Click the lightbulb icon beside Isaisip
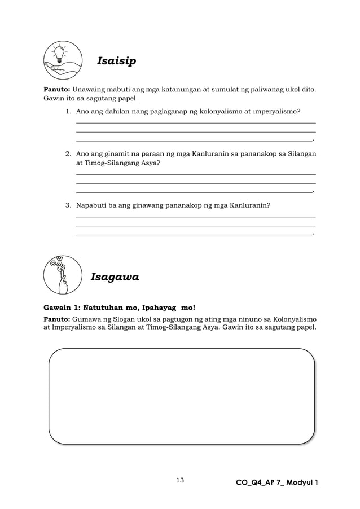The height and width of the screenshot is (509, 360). [62, 60]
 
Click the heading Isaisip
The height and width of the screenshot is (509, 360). [117, 60]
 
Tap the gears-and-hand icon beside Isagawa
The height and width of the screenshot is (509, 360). [62, 275]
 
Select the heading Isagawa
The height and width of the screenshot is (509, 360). [115, 277]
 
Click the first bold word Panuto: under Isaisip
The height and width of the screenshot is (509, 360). [57, 89]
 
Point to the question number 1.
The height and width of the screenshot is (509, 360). [68, 112]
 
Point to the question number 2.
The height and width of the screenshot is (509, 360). [68, 153]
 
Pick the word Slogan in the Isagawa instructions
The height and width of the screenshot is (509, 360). [117, 318]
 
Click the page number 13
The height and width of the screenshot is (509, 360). [180, 480]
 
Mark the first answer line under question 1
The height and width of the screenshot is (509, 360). [195, 122]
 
